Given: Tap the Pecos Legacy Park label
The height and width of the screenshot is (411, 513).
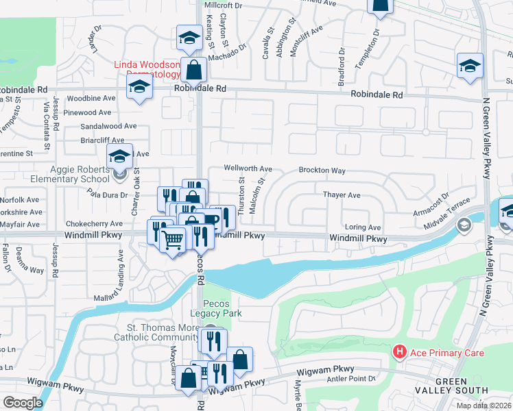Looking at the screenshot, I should (x=224, y=308).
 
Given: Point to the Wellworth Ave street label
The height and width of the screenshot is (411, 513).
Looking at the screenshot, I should (x=248, y=169).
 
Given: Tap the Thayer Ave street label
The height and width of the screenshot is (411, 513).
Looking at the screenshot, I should (x=342, y=195).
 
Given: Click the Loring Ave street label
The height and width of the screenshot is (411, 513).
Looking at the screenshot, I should (x=362, y=227).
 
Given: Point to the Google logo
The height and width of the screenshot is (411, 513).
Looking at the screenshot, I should (x=23, y=403).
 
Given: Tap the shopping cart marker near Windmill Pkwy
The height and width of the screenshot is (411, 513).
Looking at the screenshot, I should (x=172, y=240).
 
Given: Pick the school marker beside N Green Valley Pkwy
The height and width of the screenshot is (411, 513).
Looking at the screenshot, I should (x=470, y=66).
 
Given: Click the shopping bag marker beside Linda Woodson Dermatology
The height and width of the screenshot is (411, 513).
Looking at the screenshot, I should (x=194, y=70).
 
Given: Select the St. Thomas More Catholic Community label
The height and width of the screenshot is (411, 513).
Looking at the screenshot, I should (x=161, y=332).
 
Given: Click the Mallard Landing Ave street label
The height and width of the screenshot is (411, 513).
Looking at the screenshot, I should (x=121, y=275).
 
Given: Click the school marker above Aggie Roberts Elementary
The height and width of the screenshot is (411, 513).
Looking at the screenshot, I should (x=119, y=157).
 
